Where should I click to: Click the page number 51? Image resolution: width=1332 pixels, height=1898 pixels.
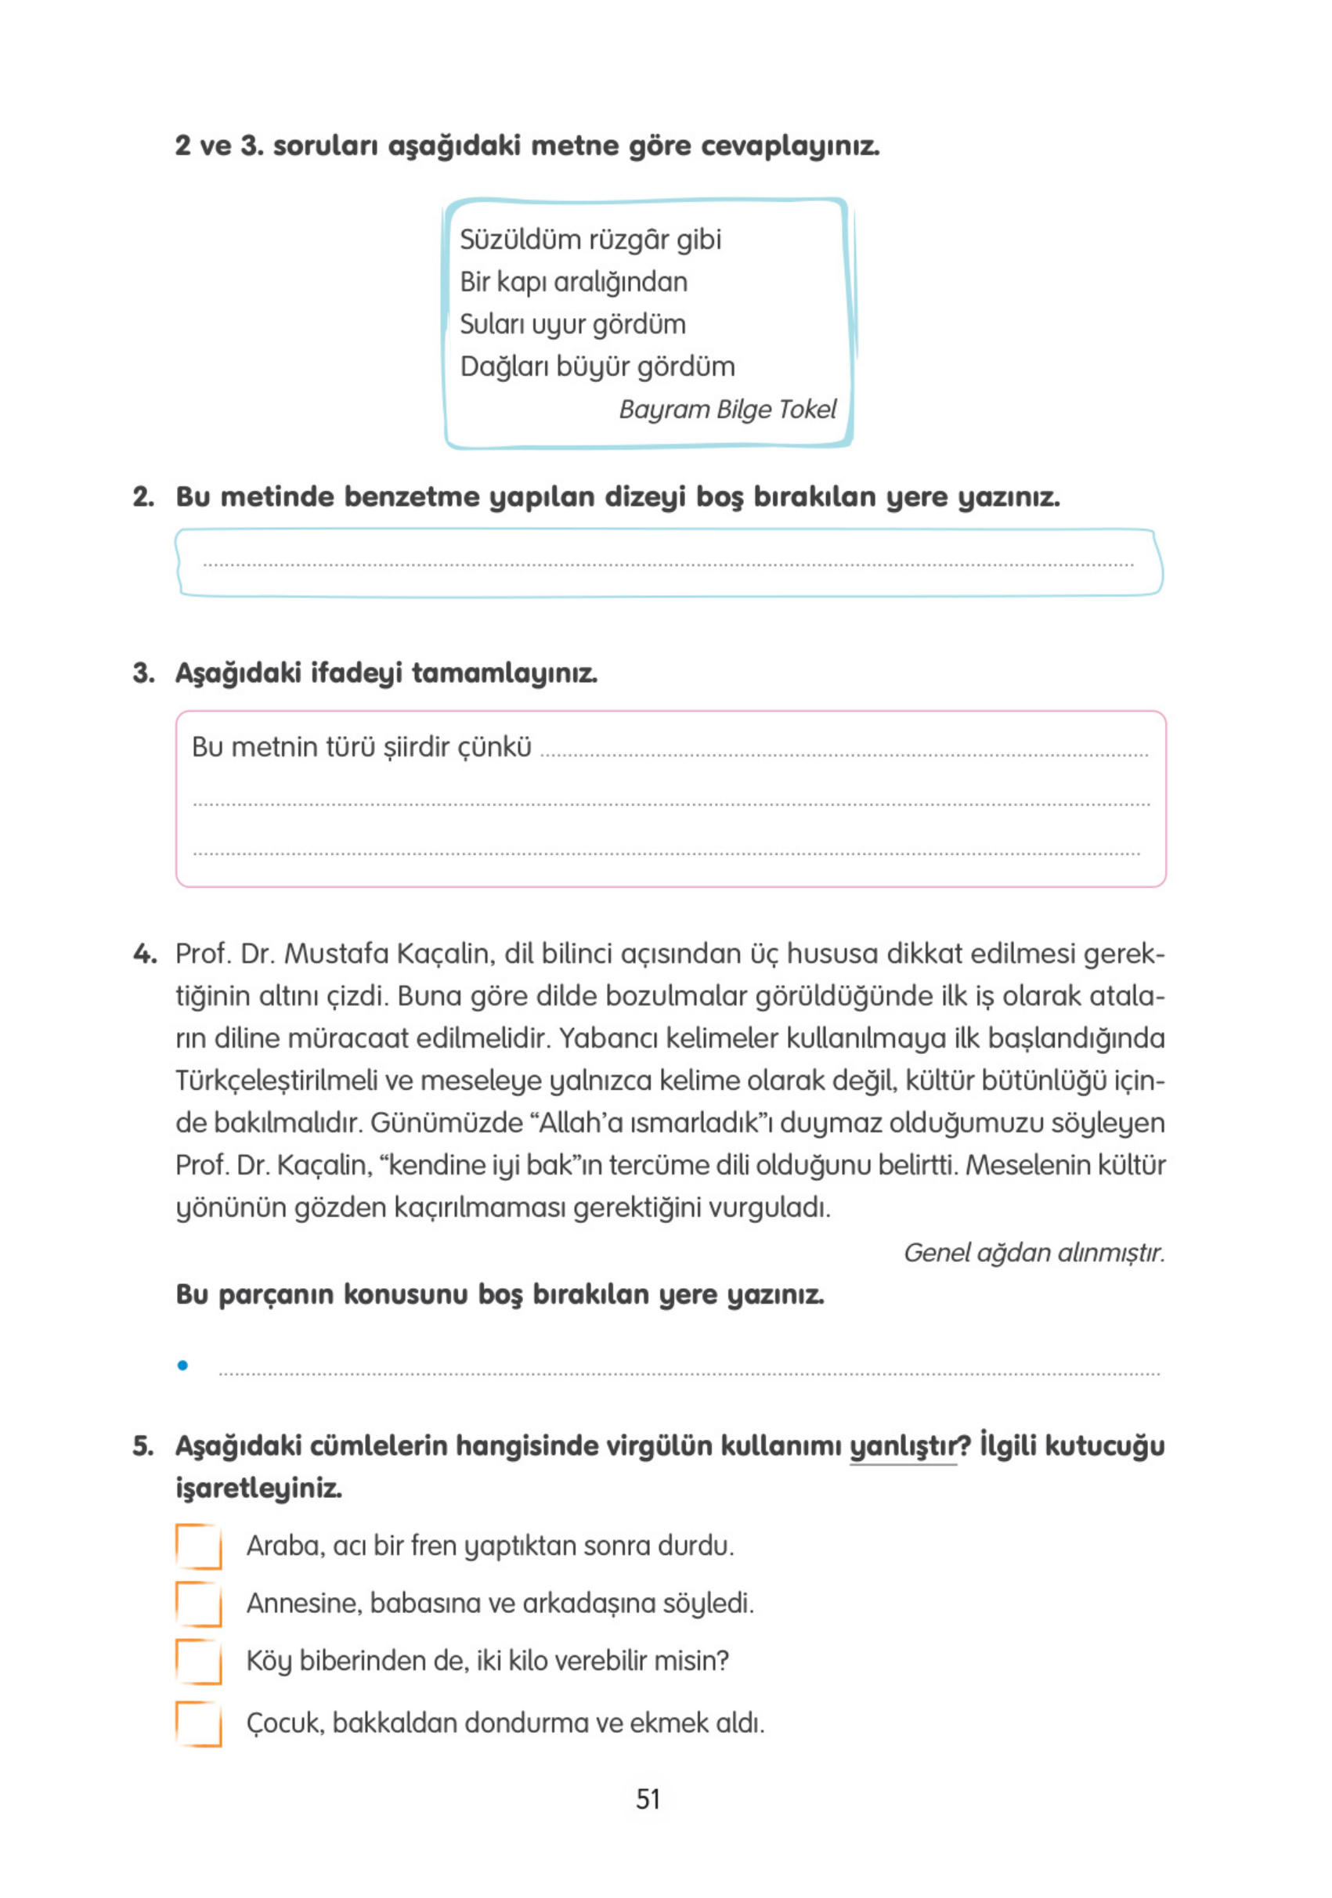pyautogui.click(x=648, y=1799)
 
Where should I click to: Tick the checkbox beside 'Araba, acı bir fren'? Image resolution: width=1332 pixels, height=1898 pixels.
pyautogui.click(x=198, y=1546)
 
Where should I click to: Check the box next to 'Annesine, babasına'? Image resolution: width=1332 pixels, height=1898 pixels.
pyautogui.click(x=198, y=1604)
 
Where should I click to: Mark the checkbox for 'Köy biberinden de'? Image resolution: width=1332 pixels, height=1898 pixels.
pyautogui.click(x=198, y=1661)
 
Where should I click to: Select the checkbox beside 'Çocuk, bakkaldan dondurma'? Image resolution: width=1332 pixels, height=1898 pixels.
pyautogui.click(x=198, y=1723)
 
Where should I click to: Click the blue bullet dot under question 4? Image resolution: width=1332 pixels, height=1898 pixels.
pyautogui.click(x=182, y=1366)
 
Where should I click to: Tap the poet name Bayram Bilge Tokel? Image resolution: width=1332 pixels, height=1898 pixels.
pyautogui.click(x=727, y=410)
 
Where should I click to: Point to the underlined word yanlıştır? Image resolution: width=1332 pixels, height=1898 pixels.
pyautogui.click(x=902, y=1446)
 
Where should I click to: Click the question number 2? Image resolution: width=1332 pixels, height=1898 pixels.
pyautogui.click(x=143, y=497)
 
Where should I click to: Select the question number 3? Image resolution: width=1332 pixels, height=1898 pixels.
pyautogui.click(x=143, y=673)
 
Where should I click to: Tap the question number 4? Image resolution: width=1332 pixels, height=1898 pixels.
pyautogui.click(x=144, y=954)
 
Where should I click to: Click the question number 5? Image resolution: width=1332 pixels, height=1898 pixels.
pyautogui.click(x=143, y=1446)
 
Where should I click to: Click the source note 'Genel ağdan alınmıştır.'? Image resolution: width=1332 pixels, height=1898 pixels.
pyautogui.click(x=1034, y=1252)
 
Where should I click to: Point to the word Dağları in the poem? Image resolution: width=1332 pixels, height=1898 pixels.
pyautogui.click(x=504, y=366)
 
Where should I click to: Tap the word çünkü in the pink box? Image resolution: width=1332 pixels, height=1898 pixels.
pyautogui.click(x=493, y=747)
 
